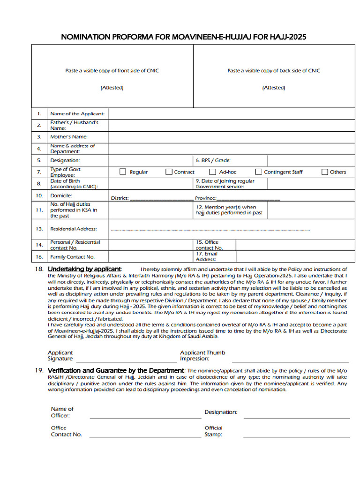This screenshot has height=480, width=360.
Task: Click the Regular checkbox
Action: tap(123, 172)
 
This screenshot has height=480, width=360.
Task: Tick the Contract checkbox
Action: tap(169, 172)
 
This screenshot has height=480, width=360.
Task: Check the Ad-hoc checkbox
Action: tap(212, 172)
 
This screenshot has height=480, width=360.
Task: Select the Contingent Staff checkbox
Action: tap(258, 172)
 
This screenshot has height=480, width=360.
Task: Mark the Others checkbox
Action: tap(324, 172)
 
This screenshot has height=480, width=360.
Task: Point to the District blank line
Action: tap(161, 199)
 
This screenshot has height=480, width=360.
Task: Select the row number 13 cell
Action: tap(39, 229)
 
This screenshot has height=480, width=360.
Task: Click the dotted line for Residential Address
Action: tap(210, 230)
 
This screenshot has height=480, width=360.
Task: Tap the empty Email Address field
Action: tap(295, 256)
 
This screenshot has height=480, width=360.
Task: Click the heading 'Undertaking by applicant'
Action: tap(84, 269)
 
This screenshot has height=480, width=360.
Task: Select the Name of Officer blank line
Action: tap(145, 417)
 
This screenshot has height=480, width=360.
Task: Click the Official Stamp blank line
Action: tap(296, 436)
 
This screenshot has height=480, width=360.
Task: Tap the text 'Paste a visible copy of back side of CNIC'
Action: tap(274, 71)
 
